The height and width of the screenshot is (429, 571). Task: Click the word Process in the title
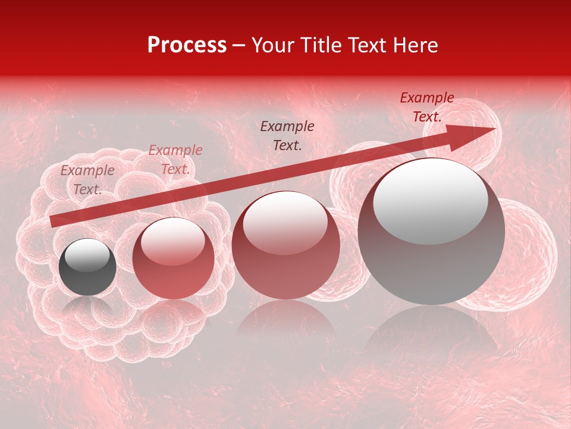pos(187,45)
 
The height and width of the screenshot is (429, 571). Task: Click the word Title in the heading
pos(322,45)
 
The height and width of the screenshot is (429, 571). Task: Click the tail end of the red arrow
pos(54,222)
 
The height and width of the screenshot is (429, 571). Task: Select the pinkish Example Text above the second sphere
pos(175,160)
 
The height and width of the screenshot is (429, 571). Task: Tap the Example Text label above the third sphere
pos(287,135)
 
